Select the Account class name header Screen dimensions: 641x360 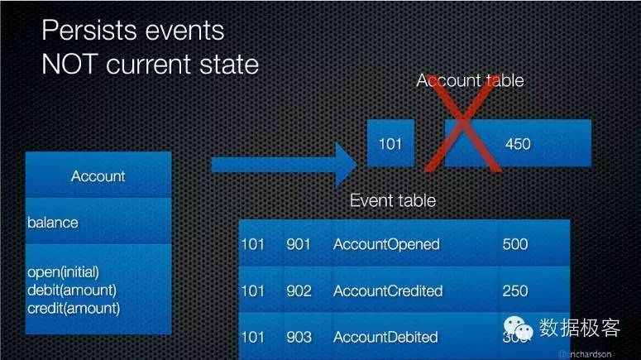point(98,175)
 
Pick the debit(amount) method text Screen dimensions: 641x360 point(71,290)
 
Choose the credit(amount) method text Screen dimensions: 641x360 point(73,308)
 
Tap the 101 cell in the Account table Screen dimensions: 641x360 point(390,144)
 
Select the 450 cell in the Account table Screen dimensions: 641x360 point(517,144)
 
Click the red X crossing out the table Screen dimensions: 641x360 point(464,124)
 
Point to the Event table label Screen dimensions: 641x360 point(393,200)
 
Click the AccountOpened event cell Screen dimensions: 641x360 point(386,244)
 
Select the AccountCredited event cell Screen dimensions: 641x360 point(388,290)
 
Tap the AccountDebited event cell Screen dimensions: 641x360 point(386,337)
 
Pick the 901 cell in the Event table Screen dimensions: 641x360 point(299,244)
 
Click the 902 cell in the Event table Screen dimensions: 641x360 point(299,290)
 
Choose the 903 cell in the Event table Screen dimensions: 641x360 point(299,337)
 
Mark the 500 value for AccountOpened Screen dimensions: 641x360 point(514,244)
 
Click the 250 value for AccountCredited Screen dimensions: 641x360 point(514,290)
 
